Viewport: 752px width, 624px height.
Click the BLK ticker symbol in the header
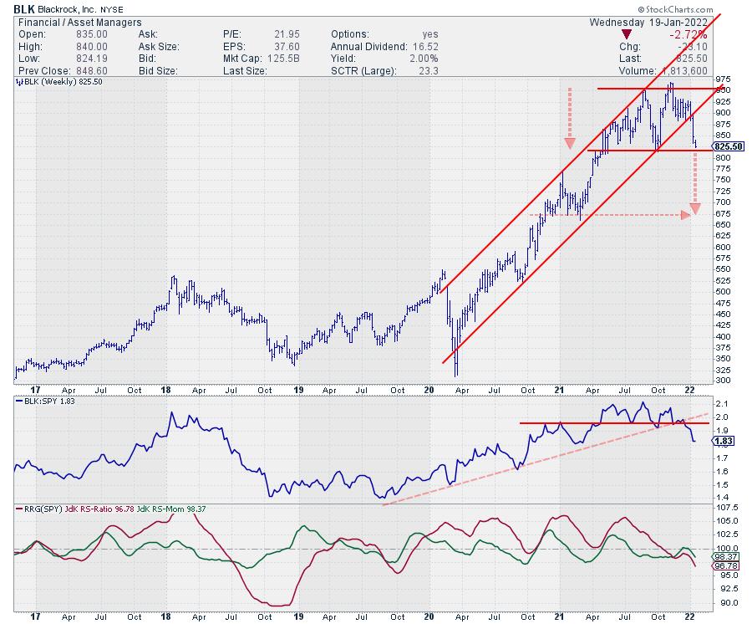[x=13, y=9]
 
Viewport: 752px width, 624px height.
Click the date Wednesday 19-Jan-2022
[x=648, y=22]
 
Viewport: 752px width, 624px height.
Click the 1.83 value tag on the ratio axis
[x=729, y=441]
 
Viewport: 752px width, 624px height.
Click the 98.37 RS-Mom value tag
[x=730, y=556]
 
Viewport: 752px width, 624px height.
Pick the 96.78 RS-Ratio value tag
[x=730, y=566]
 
